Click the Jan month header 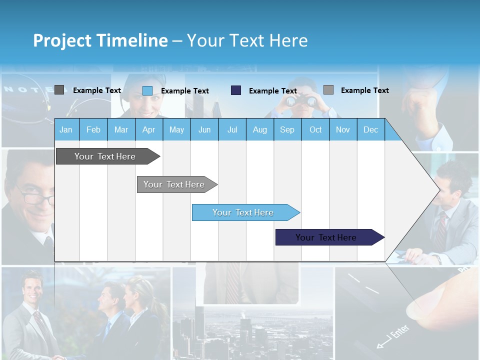pos(66,129)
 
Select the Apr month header pos(148,129)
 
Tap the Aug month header pos(259,129)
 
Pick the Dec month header pos(370,129)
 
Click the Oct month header pos(315,129)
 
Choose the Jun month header pos(204,129)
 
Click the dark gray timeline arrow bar pos(105,156)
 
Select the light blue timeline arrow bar pos(243,212)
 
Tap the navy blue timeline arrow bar pos(326,237)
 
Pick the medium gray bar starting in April pos(174,184)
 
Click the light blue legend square pos(147,90)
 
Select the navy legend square pos(236,90)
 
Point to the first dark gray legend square pos(59,90)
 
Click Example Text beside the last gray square pos(364,90)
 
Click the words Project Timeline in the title pos(100,40)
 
